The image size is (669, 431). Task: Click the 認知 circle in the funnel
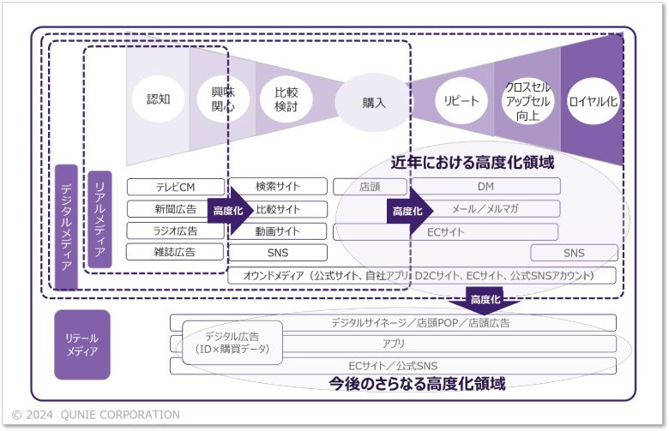(x=159, y=99)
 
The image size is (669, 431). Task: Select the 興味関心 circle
(x=216, y=99)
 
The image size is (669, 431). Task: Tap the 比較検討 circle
(x=286, y=100)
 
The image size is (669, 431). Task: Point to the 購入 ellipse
(x=374, y=103)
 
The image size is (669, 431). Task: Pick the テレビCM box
(x=175, y=187)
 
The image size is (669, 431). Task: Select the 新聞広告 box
(x=175, y=209)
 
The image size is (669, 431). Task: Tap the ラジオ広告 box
(x=175, y=230)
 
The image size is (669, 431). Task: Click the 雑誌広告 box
(x=175, y=252)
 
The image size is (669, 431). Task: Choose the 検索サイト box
(x=279, y=186)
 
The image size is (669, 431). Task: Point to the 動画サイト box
(x=279, y=230)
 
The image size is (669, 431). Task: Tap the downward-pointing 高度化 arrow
(x=484, y=299)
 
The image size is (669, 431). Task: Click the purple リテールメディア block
(x=82, y=344)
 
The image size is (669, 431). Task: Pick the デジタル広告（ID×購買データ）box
(x=232, y=343)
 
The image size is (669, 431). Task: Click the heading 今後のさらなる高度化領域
(x=418, y=384)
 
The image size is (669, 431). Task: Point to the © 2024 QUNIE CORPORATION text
(x=96, y=415)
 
